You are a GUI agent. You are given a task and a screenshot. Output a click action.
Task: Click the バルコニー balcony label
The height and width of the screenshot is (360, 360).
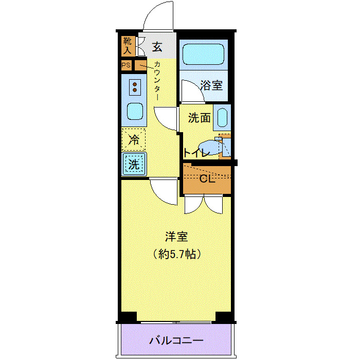pyautogui.click(x=176, y=340)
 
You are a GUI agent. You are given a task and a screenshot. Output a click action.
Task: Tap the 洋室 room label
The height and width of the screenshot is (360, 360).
pyautogui.click(x=176, y=238)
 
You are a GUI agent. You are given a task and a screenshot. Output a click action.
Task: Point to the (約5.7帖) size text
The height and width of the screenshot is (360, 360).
pyautogui.click(x=176, y=254)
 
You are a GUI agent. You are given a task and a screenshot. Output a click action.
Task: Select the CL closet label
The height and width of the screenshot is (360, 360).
pyautogui.click(x=206, y=179)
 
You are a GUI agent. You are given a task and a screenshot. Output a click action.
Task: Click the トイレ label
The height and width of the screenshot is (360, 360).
pyautogui.click(x=196, y=153)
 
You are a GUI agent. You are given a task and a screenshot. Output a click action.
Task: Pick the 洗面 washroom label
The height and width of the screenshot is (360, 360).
pyautogui.click(x=199, y=118)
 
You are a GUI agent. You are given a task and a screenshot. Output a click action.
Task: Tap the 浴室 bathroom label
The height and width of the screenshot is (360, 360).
pyautogui.click(x=211, y=85)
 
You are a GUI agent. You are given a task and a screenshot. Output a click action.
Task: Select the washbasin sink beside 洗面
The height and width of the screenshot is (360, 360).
pyautogui.click(x=222, y=118)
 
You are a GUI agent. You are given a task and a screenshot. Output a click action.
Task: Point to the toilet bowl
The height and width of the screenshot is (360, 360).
pyautogui.click(x=210, y=148)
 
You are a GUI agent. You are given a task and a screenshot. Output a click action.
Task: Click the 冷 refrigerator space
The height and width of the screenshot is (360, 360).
pyautogui.click(x=134, y=139)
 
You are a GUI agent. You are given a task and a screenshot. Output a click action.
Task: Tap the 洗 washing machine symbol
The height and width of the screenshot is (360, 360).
pyautogui.click(x=134, y=165)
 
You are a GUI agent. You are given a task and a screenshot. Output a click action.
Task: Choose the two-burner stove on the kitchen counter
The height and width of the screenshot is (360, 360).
pyautogui.click(x=134, y=86)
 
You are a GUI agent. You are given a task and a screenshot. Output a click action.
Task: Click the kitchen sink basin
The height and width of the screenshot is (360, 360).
pyautogui.click(x=134, y=111)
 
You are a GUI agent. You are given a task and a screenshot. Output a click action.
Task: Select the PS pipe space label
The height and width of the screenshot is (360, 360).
pyautogui.click(x=127, y=65)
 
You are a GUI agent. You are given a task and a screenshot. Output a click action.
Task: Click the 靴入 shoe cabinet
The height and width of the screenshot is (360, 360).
pyautogui.click(x=128, y=46)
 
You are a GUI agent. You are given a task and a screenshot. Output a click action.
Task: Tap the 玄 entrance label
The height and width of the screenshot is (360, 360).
pyautogui.click(x=157, y=47)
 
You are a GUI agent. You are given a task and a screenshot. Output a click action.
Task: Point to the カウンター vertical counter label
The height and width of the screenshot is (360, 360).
pyautogui.click(x=157, y=81)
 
